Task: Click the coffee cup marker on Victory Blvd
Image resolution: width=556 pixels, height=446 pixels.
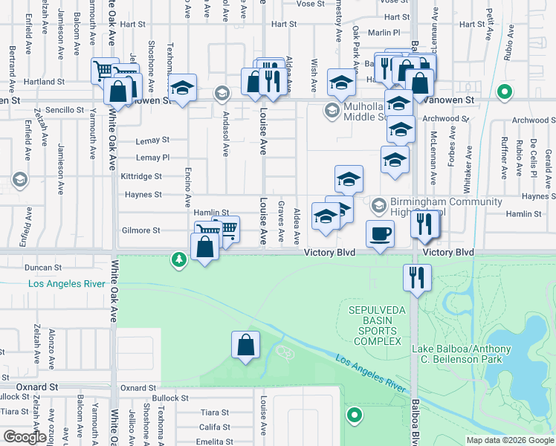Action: tap(381, 233)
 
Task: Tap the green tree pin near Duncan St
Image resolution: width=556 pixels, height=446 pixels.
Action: tap(178, 259)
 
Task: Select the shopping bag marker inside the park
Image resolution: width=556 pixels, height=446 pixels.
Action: tap(245, 344)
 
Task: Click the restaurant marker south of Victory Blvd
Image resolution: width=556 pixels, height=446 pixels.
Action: tap(416, 277)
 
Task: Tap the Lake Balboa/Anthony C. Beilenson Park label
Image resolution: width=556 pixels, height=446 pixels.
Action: tap(462, 355)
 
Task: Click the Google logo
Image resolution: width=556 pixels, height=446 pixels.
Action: tap(25, 437)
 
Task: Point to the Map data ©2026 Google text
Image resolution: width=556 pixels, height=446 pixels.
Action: tap(509, 440)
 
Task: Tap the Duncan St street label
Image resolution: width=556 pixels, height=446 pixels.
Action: tap(42, 267)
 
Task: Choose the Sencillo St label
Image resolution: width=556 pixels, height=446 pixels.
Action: tap(68, 109)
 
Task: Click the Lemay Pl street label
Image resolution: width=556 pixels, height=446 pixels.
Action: tap(153, 158)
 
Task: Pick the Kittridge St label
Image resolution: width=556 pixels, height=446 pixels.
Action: tap(141, 176)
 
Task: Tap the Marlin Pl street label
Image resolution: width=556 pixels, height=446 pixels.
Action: tap(384, 33)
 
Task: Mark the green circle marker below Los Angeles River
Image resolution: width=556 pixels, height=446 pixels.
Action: tap(355, 415)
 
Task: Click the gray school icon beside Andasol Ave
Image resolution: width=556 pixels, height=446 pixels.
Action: tap(221, 94)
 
